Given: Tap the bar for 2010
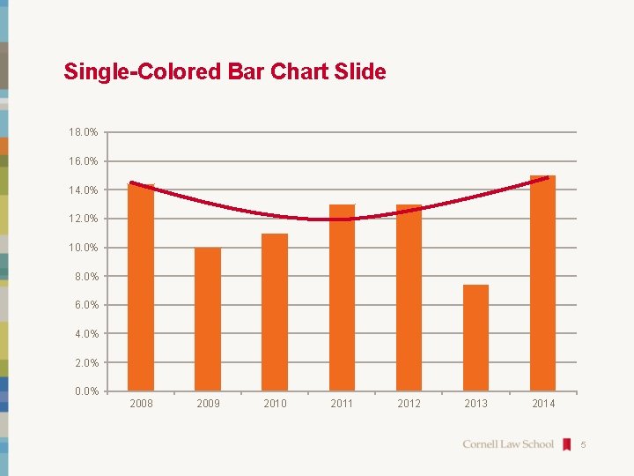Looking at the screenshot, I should tap(275, 312).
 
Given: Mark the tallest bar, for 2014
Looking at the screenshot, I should tap(542, 283).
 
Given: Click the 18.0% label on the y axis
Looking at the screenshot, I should tap(84, 132).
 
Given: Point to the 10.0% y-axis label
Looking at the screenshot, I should tap(84, 248).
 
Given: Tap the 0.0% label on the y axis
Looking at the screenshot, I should tap(86, 391).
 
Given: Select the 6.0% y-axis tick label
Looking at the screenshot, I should tap(86, 305).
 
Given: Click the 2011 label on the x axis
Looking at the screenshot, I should tap(342, 404).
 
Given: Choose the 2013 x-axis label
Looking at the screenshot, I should tap(475, 404).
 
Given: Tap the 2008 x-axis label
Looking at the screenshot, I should tap(141, 404).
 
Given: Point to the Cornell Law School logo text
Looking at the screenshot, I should tap(508, 444).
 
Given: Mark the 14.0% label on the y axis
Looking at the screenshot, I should tap(84, 190).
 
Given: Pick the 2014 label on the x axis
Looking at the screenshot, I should tap(543, 404).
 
